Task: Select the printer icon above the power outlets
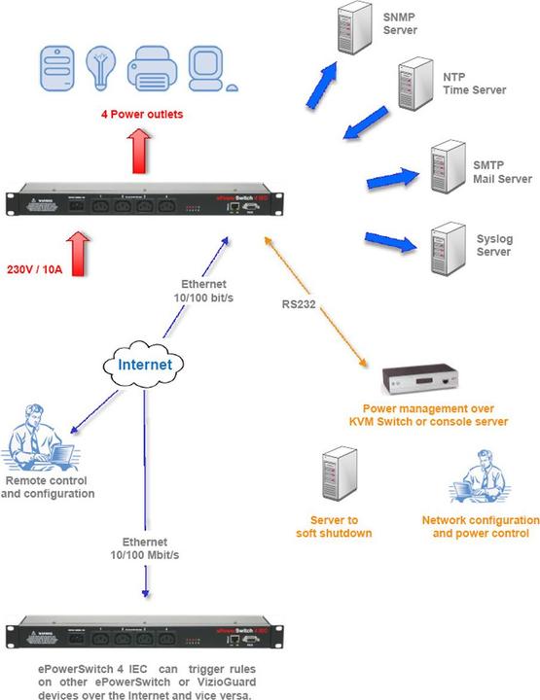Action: [152, 64]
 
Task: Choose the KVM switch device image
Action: [419, 378]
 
